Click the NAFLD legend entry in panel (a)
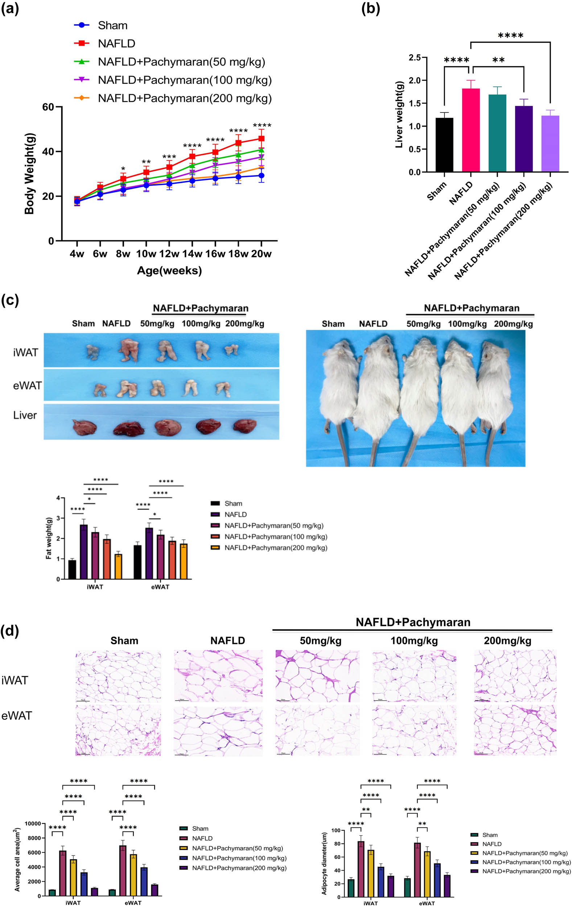(116, 44)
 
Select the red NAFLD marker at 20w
(261, 139)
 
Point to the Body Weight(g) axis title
(29, 174)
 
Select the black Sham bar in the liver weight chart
(444, 145)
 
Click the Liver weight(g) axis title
(399, 114)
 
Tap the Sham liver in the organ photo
(84, 427)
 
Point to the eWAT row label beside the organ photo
(27, 385)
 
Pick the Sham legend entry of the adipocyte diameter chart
(490, 835)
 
